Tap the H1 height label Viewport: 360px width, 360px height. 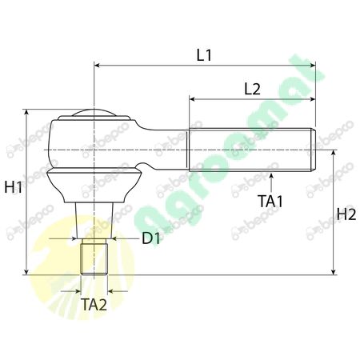13,188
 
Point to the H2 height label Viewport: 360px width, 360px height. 346,214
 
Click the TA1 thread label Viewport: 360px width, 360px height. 271,201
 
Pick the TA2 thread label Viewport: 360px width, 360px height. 94,304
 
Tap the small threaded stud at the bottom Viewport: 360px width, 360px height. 94,257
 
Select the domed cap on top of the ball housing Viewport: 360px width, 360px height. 94,113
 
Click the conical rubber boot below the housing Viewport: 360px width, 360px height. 94,183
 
